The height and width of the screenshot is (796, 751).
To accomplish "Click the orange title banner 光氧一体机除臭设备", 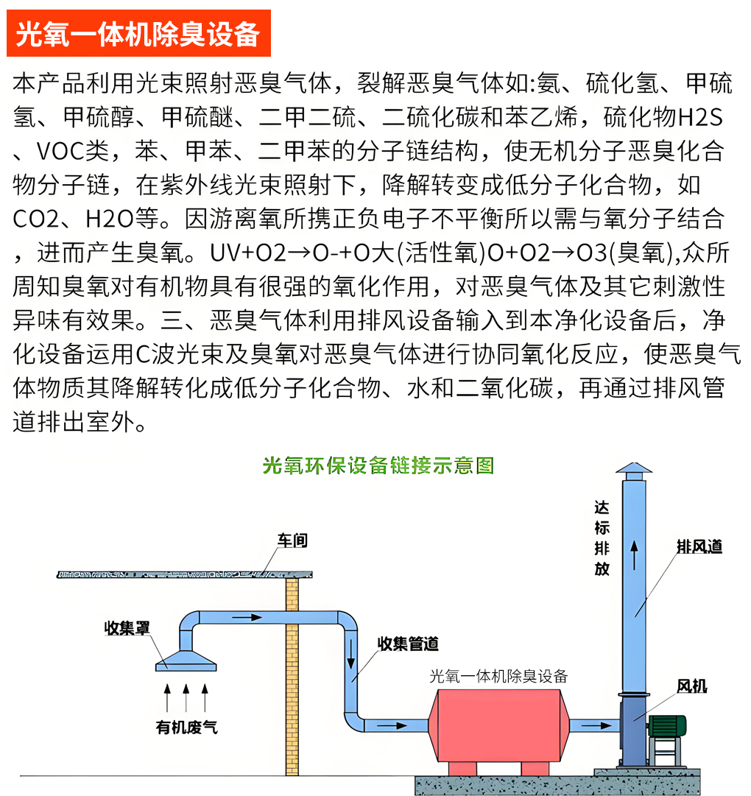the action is (138, 33).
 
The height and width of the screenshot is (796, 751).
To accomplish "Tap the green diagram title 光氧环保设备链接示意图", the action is (378, 465).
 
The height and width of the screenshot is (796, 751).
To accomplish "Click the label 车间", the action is (292, 540).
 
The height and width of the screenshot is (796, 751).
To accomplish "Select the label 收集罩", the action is (127, 628).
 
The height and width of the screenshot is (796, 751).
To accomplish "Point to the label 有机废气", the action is (187, 728).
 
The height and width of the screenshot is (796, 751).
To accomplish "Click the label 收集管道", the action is (408, 644).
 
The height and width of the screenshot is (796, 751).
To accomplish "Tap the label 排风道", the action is (699, 546).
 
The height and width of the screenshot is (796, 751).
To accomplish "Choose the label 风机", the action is (692, 686).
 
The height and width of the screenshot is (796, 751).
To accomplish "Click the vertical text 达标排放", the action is (602, 538).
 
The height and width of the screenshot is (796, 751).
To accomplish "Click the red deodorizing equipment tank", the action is (498, 725).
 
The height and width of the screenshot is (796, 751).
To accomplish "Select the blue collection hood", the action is (186, 661).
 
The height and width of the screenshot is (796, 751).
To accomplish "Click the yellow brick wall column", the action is (292, 676).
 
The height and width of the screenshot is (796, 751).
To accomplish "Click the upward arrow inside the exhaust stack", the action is (634, 555).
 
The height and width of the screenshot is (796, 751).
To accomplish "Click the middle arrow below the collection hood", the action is (186, 697).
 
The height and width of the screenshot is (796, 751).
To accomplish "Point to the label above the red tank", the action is (498, 676).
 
